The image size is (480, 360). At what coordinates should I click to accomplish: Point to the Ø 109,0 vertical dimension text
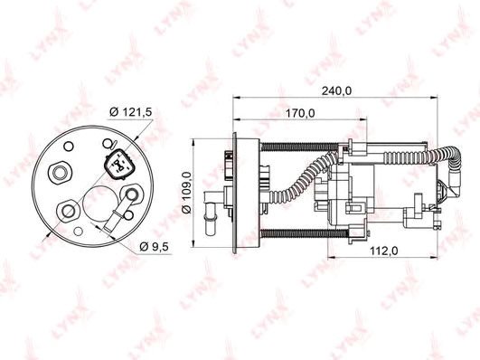pyautogui.click(x=186, y=193)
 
